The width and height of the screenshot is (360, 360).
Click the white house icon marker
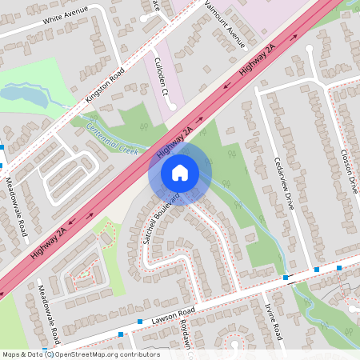(x=180, y=172)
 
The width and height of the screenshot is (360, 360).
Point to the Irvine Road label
(x=273, y=319)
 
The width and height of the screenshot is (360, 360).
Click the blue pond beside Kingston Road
(x=24, y=96)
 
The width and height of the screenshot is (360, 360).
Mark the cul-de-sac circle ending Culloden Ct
(x=173, y=106)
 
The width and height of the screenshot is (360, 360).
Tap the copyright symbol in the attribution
(x=49, y=354)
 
